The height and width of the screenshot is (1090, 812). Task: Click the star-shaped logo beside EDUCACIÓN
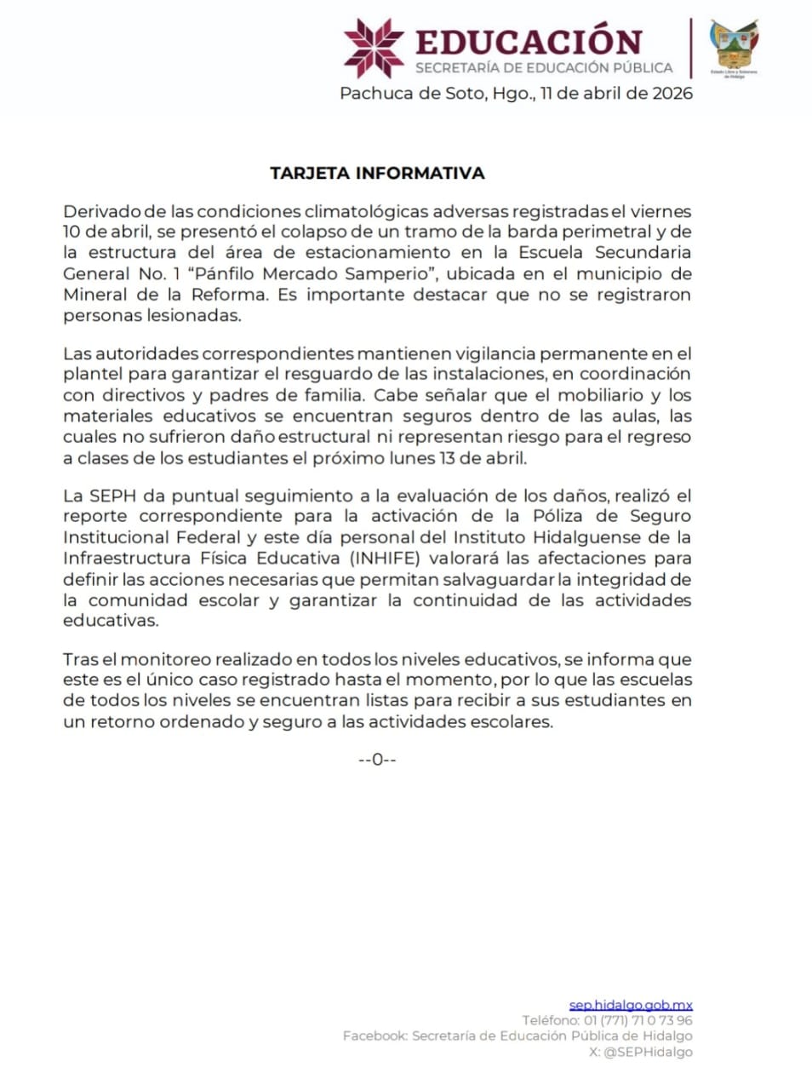pos(374,48)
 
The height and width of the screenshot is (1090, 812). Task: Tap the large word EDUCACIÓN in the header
pos(529,42)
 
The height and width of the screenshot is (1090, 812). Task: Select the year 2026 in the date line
pos(672,93)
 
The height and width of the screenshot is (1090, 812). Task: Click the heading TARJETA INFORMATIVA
pos(377,173)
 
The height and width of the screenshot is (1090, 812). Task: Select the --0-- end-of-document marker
pos(377,759)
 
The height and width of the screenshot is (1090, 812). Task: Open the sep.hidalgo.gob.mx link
pos(631,1005)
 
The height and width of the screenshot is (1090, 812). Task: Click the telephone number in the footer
pos(638,1020)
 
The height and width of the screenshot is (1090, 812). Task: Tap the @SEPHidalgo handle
pos(648,1052)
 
